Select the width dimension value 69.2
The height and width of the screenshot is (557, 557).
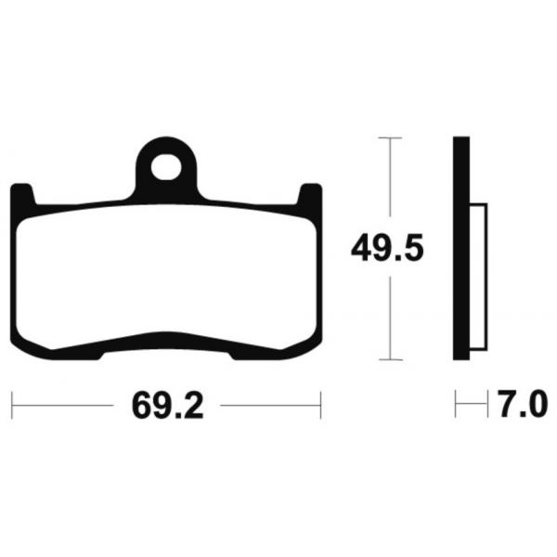click(168, 405)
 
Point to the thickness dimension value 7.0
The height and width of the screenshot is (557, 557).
click(523, 405)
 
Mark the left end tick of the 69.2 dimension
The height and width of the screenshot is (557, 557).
click(11, 405)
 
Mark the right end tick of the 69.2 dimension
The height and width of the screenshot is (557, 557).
click(320, 405)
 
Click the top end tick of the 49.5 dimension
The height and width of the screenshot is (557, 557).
click(391, 137)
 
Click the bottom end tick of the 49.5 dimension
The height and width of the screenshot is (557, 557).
click(391, 359)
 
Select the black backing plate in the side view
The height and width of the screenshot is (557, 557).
click(461, 248)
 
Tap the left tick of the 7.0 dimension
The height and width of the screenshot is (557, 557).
click(455, 405)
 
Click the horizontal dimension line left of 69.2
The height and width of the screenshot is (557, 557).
click(65, 405)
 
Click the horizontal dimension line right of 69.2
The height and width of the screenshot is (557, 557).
click(269, 405)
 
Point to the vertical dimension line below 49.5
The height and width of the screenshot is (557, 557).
click(391, 316)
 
